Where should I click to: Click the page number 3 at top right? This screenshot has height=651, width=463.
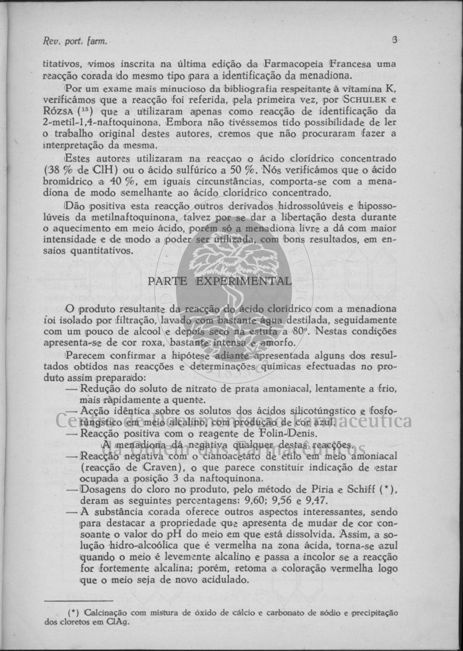[394, 41]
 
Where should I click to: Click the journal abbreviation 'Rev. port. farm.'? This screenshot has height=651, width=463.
[74, 42]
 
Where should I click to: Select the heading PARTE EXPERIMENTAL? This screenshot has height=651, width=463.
[219, 281]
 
